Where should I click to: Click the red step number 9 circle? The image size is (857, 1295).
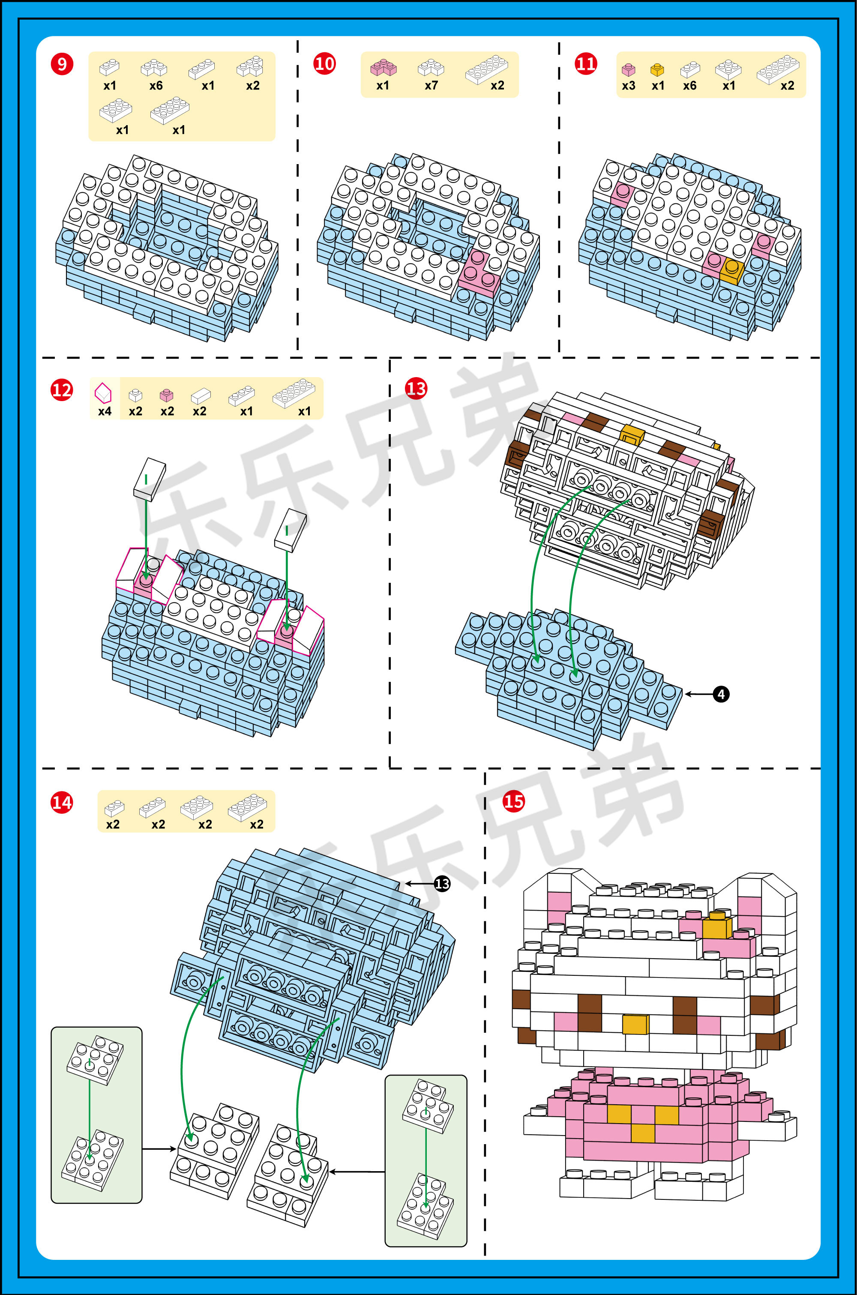[x=62, y=64]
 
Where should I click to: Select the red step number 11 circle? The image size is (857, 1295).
[x=585, y=64]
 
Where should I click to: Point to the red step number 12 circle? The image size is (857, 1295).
[x=61, y=390]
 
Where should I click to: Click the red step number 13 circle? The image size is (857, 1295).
[x=416, y=389]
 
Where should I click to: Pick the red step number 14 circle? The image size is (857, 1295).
[x=61, y=803]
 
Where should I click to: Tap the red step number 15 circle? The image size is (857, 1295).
[x=513, y=802]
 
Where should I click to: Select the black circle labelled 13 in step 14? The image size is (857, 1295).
[x=442, y=884]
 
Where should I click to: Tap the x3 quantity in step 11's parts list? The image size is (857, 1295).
[x=629, y=86]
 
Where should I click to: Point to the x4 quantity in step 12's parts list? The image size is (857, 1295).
[x=105, y=411]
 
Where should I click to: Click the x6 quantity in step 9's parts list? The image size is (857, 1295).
[x=156, y=86]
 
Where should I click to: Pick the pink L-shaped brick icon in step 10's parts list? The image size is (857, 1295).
[x=383, y=68]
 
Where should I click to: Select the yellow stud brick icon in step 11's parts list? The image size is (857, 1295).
[x=657, y=69]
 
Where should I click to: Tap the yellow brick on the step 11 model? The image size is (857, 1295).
[x=732, y=270]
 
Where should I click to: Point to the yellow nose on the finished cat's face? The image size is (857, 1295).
[x=635, y=1023]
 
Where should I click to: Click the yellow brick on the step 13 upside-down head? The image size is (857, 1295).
[x=632, y=435]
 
